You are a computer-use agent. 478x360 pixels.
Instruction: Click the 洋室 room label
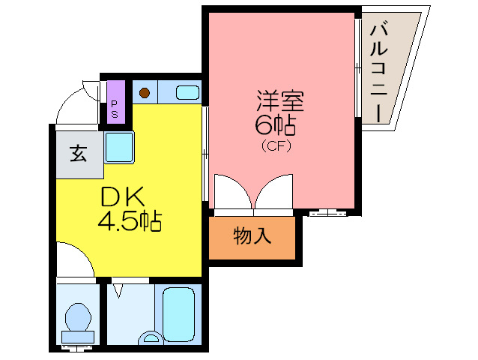click(273, 100)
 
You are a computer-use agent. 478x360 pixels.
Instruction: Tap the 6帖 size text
click(273, 123)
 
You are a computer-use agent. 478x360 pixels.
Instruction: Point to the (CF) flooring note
click(275, 146)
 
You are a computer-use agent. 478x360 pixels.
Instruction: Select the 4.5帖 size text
click(130, 222)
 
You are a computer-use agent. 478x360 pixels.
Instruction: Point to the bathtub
click(179, 313)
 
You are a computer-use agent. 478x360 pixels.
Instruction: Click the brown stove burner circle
click(145, 94)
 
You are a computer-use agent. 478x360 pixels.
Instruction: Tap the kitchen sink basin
click(187, 94)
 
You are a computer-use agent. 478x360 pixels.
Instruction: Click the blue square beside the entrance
click(119, 147)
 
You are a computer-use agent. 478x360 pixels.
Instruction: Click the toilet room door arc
click(75, 259)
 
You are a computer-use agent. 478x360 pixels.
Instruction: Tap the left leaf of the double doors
click(232, 192)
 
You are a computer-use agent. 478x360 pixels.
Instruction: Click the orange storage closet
click(252, 238)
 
